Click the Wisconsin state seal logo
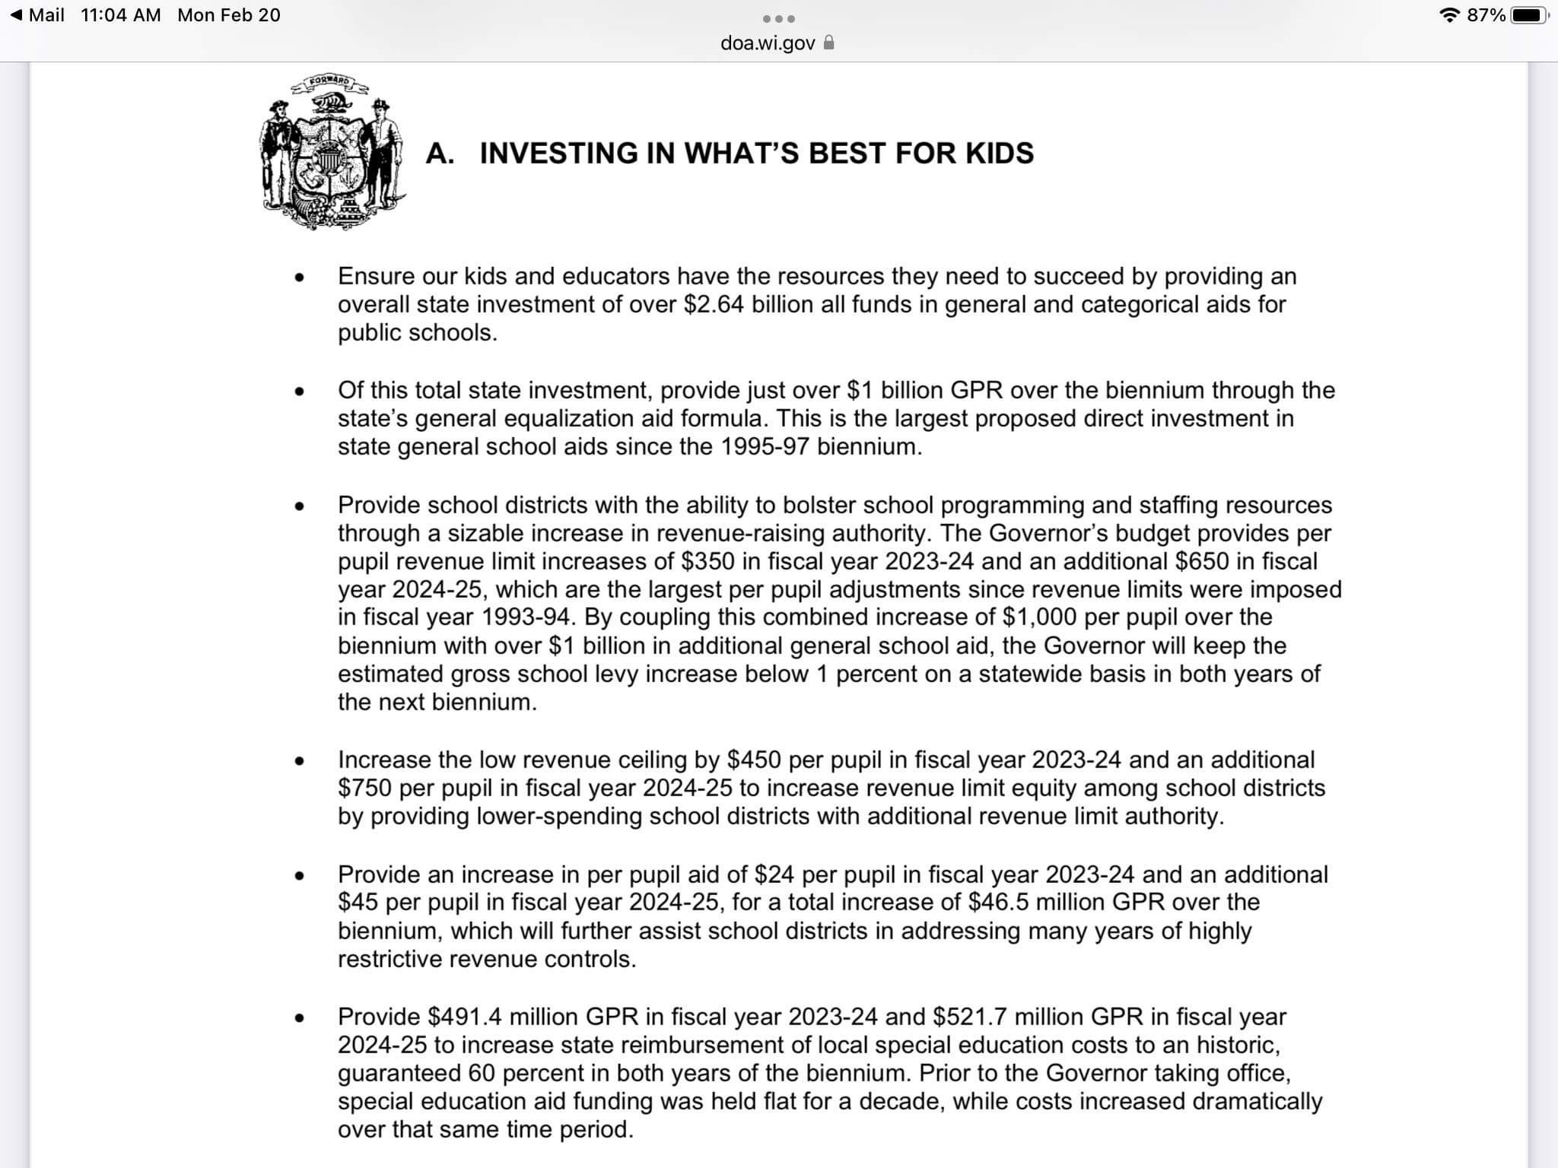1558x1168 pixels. [x=332, y=152]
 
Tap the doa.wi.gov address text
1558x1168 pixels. [x=767, y=43]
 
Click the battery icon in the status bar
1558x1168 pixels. [x=1529, y=15]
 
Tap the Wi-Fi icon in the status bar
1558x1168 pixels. [x=1450, y=15]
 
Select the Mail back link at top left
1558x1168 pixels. [x=38, y=15]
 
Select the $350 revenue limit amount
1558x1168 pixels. [x=707, y=561]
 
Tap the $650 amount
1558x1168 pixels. [x=1202, y=561]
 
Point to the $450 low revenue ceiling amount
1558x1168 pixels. [x=754, y=760]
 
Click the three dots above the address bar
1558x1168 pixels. [x=779, y=18]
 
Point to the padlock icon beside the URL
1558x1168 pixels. [x=829, y=43]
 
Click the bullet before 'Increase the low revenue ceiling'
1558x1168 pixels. [x=300, y=761]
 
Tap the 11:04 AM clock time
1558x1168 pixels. [x=121, y=15]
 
